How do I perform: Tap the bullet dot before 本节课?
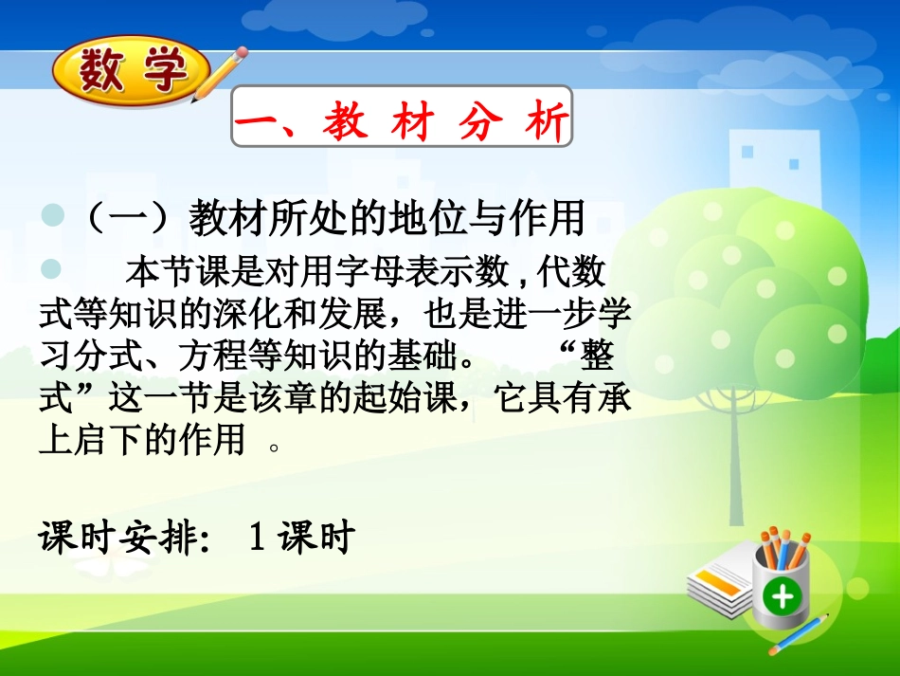51,271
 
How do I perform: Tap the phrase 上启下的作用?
142,442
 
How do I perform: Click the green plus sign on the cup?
783,595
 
